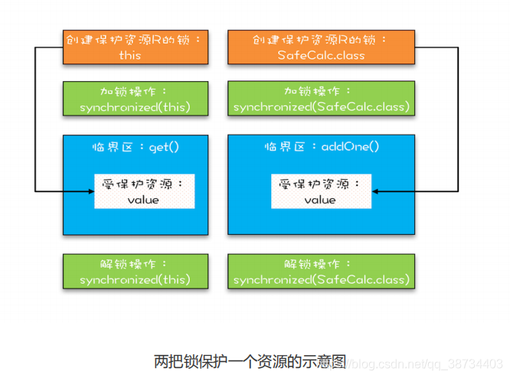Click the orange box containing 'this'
click(x=136, y=47)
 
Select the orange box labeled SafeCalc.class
click(x=321, y=47)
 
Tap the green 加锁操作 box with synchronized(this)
click(x=136, y=99)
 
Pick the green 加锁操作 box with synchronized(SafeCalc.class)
click(x=321, y=99)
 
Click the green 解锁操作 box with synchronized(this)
click(x=136, y=272)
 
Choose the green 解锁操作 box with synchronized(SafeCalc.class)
click(x=321, y=272)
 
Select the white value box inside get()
click(x=143, y=191)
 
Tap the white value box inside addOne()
click(x=320, y=191)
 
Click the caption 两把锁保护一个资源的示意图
click(x=250, y=360)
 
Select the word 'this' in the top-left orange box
click(x=130, y=55)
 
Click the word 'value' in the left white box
click(x=143, y=200)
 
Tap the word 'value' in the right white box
click(x=320, y=200)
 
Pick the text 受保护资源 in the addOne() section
click(x=315, y=184)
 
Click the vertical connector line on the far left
click(x=35, y=119)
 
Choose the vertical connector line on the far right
click(x=457, y=119)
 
